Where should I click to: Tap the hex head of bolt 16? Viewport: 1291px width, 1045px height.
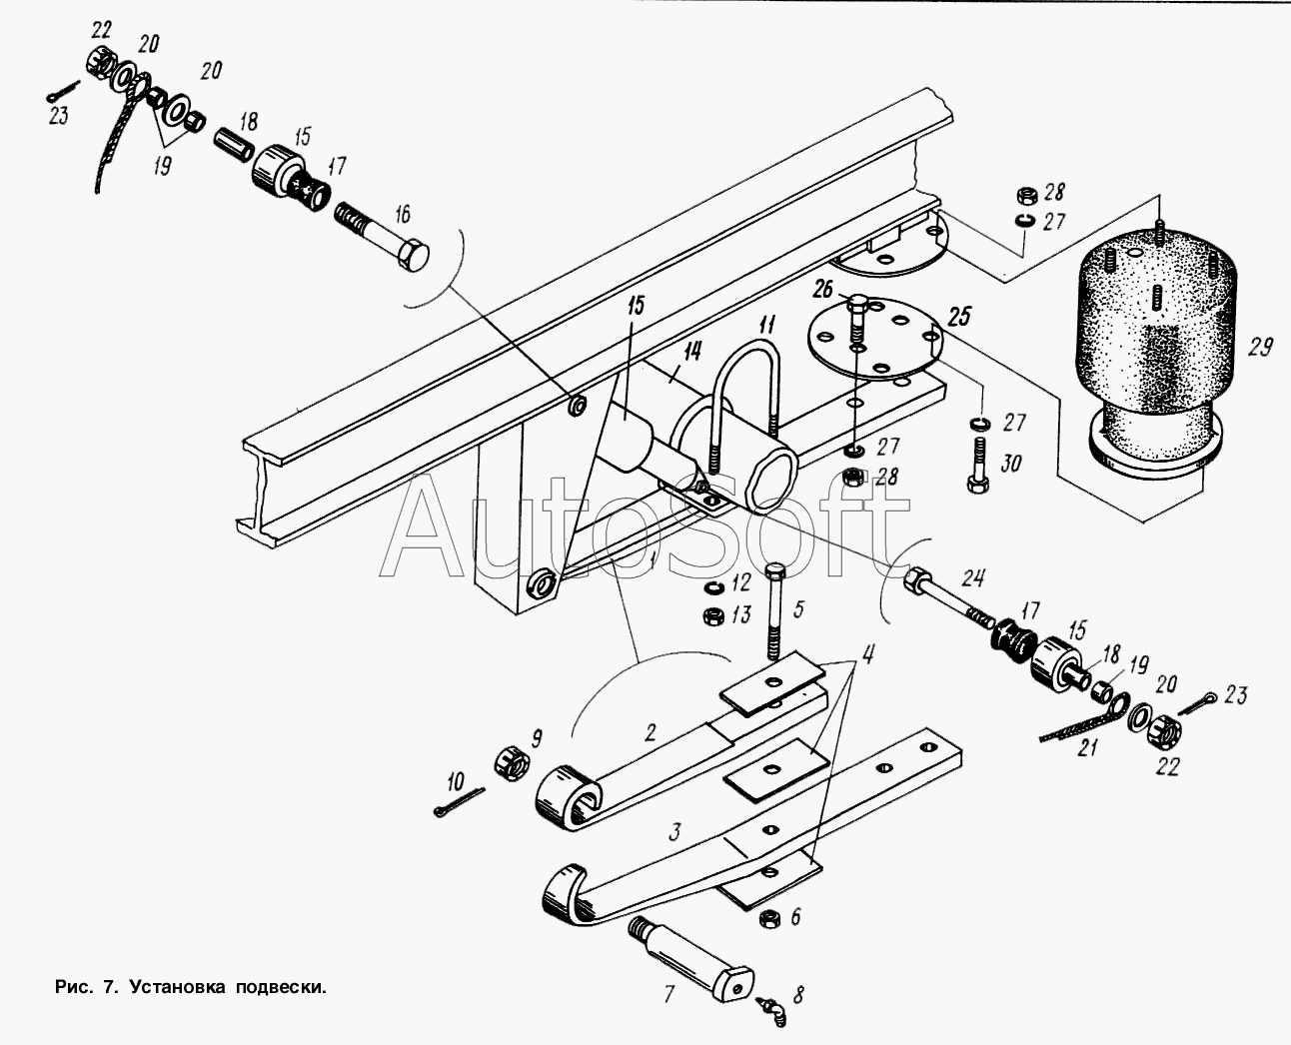click(413, 255)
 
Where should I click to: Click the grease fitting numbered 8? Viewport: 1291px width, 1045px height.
click(771, 1009)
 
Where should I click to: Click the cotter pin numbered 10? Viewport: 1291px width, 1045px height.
click(459, 801)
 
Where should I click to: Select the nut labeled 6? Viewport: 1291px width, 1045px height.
click(769, 918)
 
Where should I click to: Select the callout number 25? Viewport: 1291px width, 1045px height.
click(959, 317)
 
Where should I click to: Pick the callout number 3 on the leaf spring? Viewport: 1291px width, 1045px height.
click(675, 831)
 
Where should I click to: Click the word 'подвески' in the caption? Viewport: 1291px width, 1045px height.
click(281, 987)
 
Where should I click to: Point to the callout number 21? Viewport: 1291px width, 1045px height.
click(1087, 748)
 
